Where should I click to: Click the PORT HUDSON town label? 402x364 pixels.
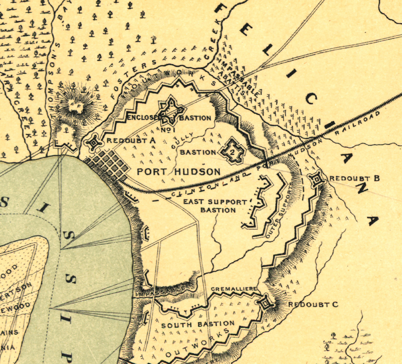point(179,171)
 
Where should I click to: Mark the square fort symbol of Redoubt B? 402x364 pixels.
point(316,180)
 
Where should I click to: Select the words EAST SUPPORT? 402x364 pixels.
point(215,202)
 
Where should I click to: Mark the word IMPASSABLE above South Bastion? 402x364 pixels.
point(160,290)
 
